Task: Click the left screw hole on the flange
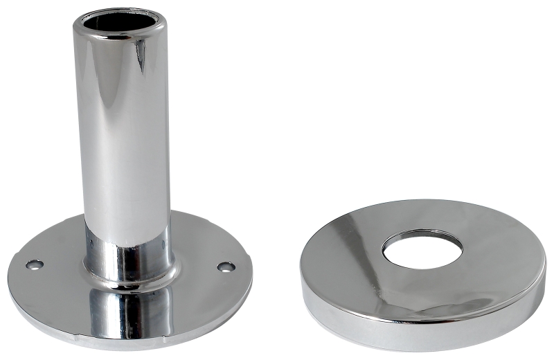[x=34, y=264]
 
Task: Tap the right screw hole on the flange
[x=225, y=267]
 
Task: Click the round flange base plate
[x=55, y=291]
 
